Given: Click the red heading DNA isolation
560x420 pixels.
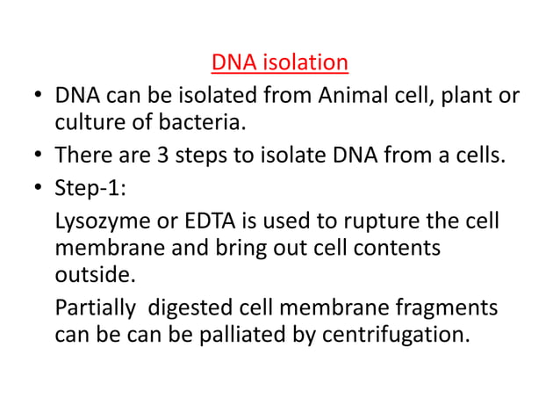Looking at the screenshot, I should [280, 64].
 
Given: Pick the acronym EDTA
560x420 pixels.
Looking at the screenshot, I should [200, 220].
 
